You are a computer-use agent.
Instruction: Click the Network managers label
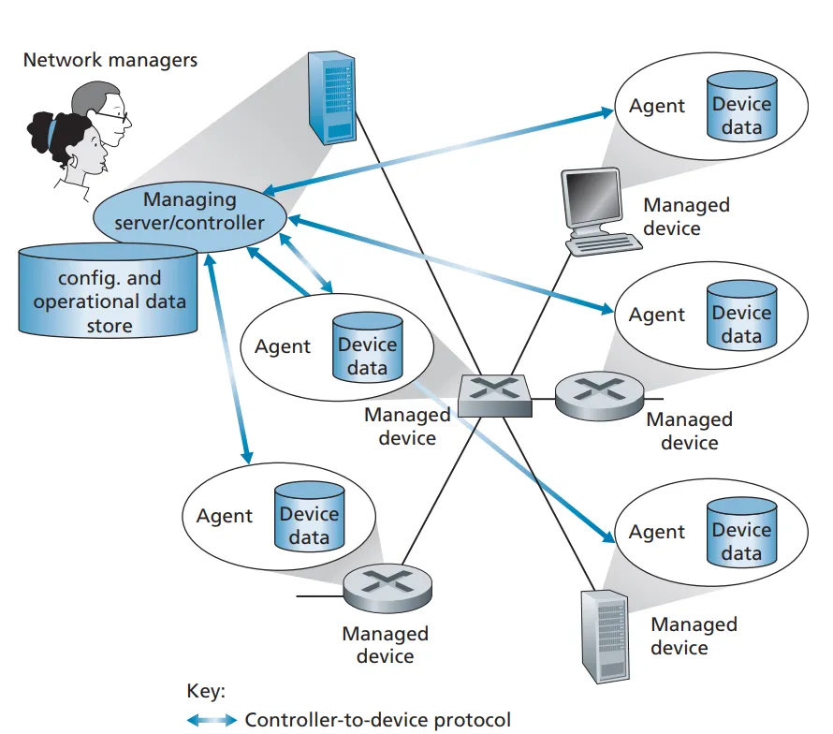[x=110, y=60]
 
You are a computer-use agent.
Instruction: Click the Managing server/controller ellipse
[x=189, y=212]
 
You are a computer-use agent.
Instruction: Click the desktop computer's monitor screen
[x=592, y=198]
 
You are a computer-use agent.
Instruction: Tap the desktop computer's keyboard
[x=606, y=242]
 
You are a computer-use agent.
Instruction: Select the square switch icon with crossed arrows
[x=494, y=393]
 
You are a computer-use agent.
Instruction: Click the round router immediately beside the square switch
[x=599, y=393]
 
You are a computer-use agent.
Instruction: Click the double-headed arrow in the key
[x=212, y=719]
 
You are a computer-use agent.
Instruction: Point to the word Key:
[x=206, y=692]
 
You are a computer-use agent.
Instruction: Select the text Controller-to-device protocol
[x=378, y=719]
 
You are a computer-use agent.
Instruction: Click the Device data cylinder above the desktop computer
[x=741, y=114]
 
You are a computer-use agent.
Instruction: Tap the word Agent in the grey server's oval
[x=657, y=532]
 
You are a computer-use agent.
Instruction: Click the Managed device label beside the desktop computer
[x=686, y=215]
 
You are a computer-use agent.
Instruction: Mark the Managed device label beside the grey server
[x=694, y=635]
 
